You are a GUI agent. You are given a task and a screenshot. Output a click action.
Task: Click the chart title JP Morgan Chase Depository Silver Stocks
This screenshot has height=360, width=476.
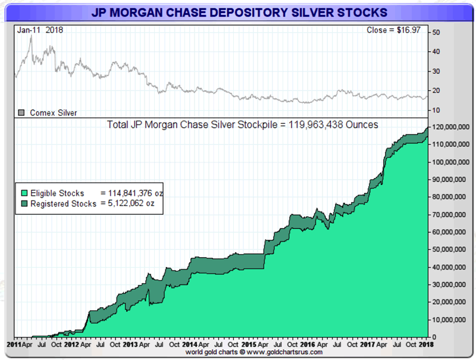pos(239,12)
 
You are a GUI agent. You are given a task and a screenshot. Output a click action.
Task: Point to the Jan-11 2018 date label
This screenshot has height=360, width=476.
pos(40,30)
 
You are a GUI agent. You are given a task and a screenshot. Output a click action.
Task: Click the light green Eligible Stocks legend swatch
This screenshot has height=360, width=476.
pos(23,193)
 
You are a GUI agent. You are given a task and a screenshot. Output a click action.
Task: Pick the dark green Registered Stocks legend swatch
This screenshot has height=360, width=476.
pos(23,204)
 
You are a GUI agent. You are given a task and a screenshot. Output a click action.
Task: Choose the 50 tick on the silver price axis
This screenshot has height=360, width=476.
pos(436,32)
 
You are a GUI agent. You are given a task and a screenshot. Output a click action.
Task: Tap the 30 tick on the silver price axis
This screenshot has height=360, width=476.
pos(436,71)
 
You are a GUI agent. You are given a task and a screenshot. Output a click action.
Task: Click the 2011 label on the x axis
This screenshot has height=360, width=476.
pos(13,344)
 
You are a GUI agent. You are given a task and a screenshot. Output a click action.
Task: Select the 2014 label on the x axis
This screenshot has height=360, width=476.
pos(190,344)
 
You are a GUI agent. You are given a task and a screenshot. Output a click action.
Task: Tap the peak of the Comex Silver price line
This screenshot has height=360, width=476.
pos(30,36)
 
